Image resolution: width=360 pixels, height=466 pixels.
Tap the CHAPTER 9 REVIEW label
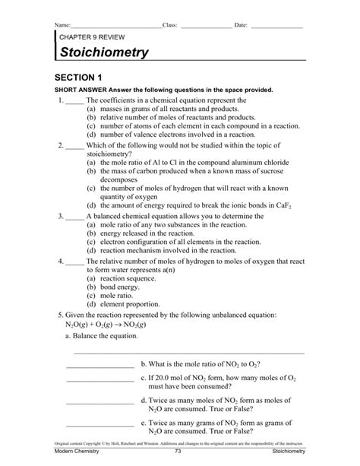point(93,36)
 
